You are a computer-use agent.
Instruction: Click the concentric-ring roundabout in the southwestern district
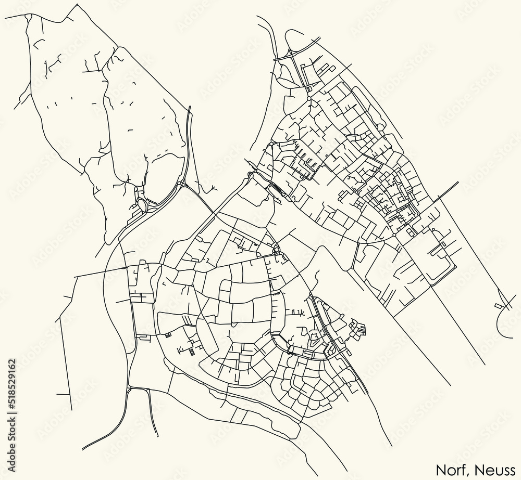(x=276, y=249)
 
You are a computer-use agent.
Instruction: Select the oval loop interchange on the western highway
(x=141, y=203)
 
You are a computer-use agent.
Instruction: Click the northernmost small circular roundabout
(x=308, y=98)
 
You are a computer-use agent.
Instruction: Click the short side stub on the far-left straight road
(x=68, y=297)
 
